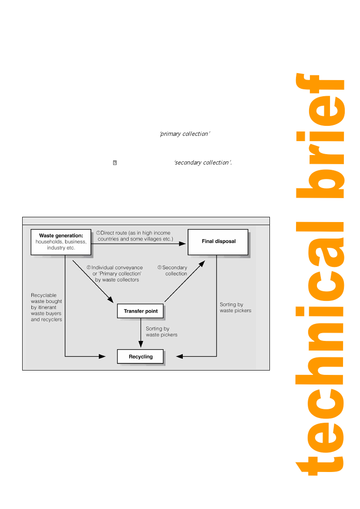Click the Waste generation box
[61, 242]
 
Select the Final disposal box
[218, 242]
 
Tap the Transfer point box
[141, 311]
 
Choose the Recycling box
[141, 357]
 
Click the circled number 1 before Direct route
[98, 233]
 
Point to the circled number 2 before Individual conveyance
[88, 268]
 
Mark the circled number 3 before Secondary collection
[159, 268]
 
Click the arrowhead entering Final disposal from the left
[183, 244]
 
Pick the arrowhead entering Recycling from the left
[103, 357]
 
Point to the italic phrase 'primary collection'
[185, 134]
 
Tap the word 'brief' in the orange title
[320, 139]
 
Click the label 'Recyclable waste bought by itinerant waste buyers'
[47, 307]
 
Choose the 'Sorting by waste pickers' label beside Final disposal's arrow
[236, 307]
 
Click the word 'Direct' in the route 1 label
[108, 233]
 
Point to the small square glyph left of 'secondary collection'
[115, 163]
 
